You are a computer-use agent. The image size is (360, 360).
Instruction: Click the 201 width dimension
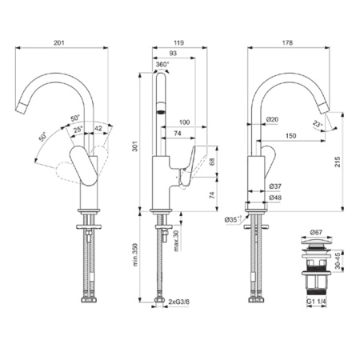(60, 42)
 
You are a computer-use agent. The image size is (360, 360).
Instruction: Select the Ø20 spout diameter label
(272, 119)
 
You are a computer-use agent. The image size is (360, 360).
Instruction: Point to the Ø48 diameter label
(274, 197)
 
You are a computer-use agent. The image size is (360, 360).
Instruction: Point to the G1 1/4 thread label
(317, 302)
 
